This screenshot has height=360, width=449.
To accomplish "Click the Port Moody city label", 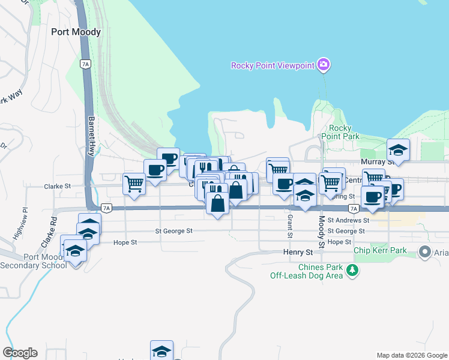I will [x=76, y=32].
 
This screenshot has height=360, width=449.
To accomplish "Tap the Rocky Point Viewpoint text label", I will [x=273, y=65].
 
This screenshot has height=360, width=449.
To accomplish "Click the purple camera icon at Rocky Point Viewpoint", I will [x=324, y=64].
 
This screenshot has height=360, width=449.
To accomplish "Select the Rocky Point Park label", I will [x=344, y=132].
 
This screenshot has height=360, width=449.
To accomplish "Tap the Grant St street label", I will [x=289, y=225].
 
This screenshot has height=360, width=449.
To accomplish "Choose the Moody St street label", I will [x=322, y=232].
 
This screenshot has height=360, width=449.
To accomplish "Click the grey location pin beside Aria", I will [x=426, y=253].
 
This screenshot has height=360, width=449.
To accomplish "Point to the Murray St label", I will [x=377, y=162].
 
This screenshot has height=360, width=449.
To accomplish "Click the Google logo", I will [x=20, y=352].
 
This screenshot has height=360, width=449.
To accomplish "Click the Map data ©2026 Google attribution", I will [x=411, y=355].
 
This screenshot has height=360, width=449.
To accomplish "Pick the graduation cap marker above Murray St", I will [x=397, y=149].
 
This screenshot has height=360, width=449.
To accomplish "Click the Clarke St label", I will [x=57, y=187].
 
